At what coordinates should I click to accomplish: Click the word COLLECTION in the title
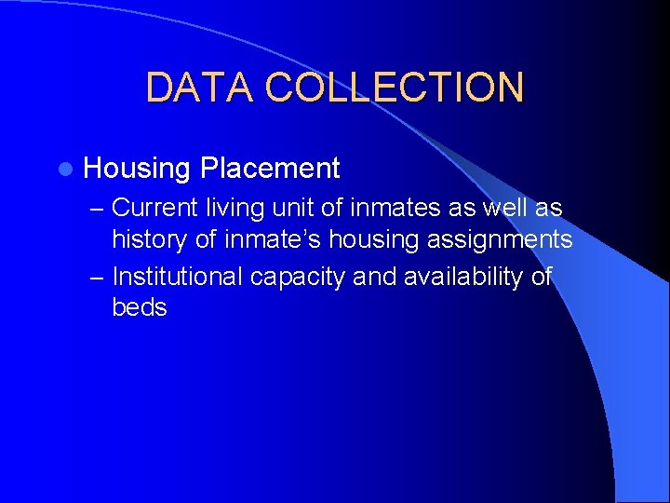395,88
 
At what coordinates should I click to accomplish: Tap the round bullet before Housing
63,169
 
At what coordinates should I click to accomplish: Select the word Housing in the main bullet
137,169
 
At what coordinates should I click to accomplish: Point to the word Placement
270,169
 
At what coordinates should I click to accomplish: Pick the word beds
140,307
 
